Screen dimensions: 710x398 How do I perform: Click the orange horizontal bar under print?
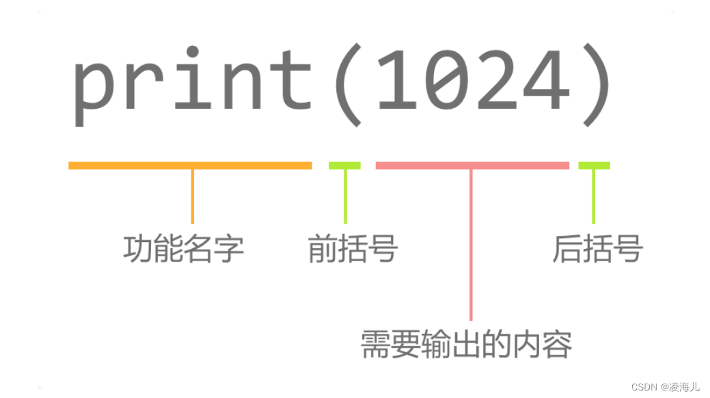tap(190, 165)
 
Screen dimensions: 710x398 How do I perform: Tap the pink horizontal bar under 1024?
tap(472, 165)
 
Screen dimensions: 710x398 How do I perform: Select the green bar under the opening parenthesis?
tap(344, 165)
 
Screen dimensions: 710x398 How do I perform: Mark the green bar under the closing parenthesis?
tap(594, 165)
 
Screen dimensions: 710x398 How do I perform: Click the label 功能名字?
tap(183, 250)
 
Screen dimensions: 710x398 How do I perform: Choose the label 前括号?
tap(353, 250)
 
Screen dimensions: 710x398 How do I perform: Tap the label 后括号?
tap(597, 250)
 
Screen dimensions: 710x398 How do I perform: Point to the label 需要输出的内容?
tap(466, 345)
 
